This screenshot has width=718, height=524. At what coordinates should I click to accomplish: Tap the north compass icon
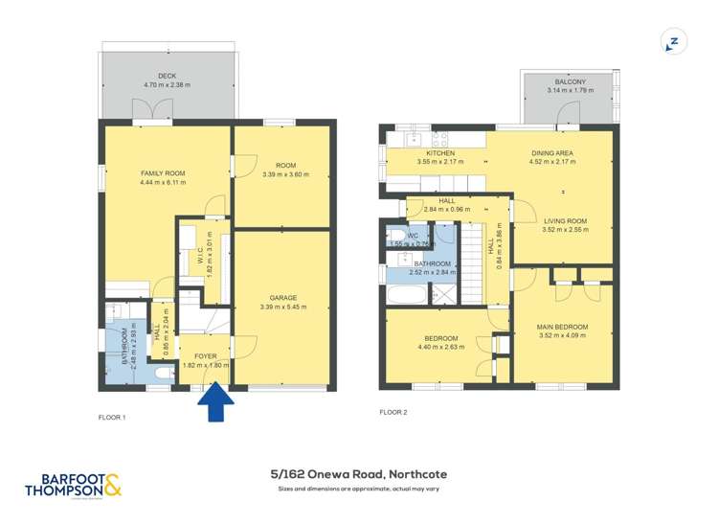673,42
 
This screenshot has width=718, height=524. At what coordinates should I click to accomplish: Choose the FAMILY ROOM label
162,173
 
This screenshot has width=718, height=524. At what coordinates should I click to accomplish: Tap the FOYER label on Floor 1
202,355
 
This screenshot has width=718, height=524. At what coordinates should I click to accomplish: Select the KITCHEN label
440,153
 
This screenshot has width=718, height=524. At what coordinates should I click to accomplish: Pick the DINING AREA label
552,153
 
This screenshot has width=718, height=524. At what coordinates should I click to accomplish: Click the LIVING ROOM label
564,220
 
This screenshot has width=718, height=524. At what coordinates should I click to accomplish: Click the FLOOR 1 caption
112,418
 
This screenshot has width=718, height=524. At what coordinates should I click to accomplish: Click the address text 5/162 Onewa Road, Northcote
359,473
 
